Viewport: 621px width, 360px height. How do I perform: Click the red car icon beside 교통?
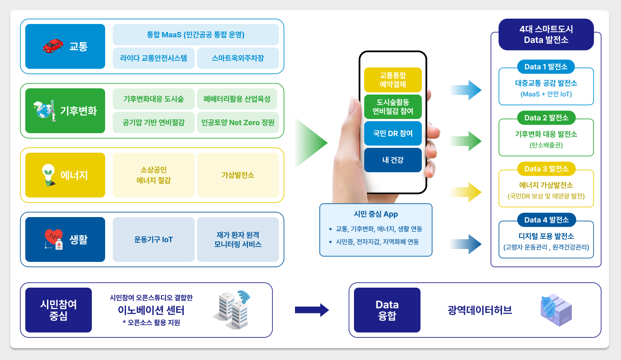pyautogui.click(x=53, y=46)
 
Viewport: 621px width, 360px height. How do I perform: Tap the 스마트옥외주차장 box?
pyautogui.click(x=238, y=58)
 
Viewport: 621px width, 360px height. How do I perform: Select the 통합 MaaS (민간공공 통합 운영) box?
pyautogui.click(x=196, y=35)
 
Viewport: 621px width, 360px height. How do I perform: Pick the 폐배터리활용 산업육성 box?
pyautogui.click(x=237, y=99)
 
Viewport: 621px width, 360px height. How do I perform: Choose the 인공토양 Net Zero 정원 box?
pyautogui.click(x=238, y=123)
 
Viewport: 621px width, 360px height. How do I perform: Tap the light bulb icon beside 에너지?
pyautogui.click(x=48, y=175)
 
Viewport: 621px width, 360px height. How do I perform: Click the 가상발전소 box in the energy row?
pyautogui.click(x=238, y=175)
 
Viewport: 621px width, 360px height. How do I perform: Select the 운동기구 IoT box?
pyautogui.click(x=153, y=239)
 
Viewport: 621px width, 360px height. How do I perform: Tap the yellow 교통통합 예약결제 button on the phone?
pyautogui.click(x=393, y=80)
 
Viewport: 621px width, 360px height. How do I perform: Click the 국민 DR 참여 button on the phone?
pyautogui.click(x=393, y=134)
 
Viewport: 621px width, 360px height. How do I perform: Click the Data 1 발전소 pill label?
pyautogui.click(x=546, y=67)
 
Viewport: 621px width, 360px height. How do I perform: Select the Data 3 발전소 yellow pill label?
pyautogui.click(x=546, y=169)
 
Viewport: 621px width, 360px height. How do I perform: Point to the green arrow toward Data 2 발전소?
pyautogui.click(x=466, y=141)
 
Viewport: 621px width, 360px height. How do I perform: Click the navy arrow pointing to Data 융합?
pyautogui.click(x=312, y=310)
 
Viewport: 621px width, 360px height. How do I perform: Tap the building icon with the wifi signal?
pyautogui.click(x=232, y=310)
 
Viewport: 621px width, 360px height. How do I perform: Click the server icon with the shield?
pyautogui.click(x=556, y=310)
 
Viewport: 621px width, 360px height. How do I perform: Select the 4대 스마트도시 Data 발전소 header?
pyautogui.click(x=546, y=34)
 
